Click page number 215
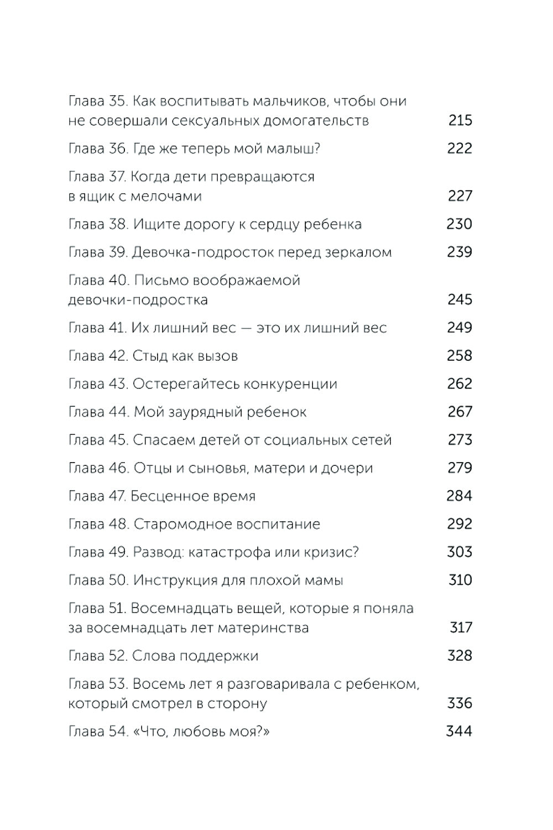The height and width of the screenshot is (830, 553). (x=460, y=121)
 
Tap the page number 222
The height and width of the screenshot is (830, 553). (x=460, y=148)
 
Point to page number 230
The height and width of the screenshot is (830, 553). (x=460, y=224)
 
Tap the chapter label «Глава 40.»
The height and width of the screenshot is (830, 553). (x=98, y=280)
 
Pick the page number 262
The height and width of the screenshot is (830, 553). (x=460, y=384)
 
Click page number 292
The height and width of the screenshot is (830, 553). (x=460, y=524)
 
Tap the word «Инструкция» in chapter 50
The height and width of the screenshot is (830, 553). (x=179, y=580)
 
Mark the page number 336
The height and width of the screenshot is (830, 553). (x=460, y=703)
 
